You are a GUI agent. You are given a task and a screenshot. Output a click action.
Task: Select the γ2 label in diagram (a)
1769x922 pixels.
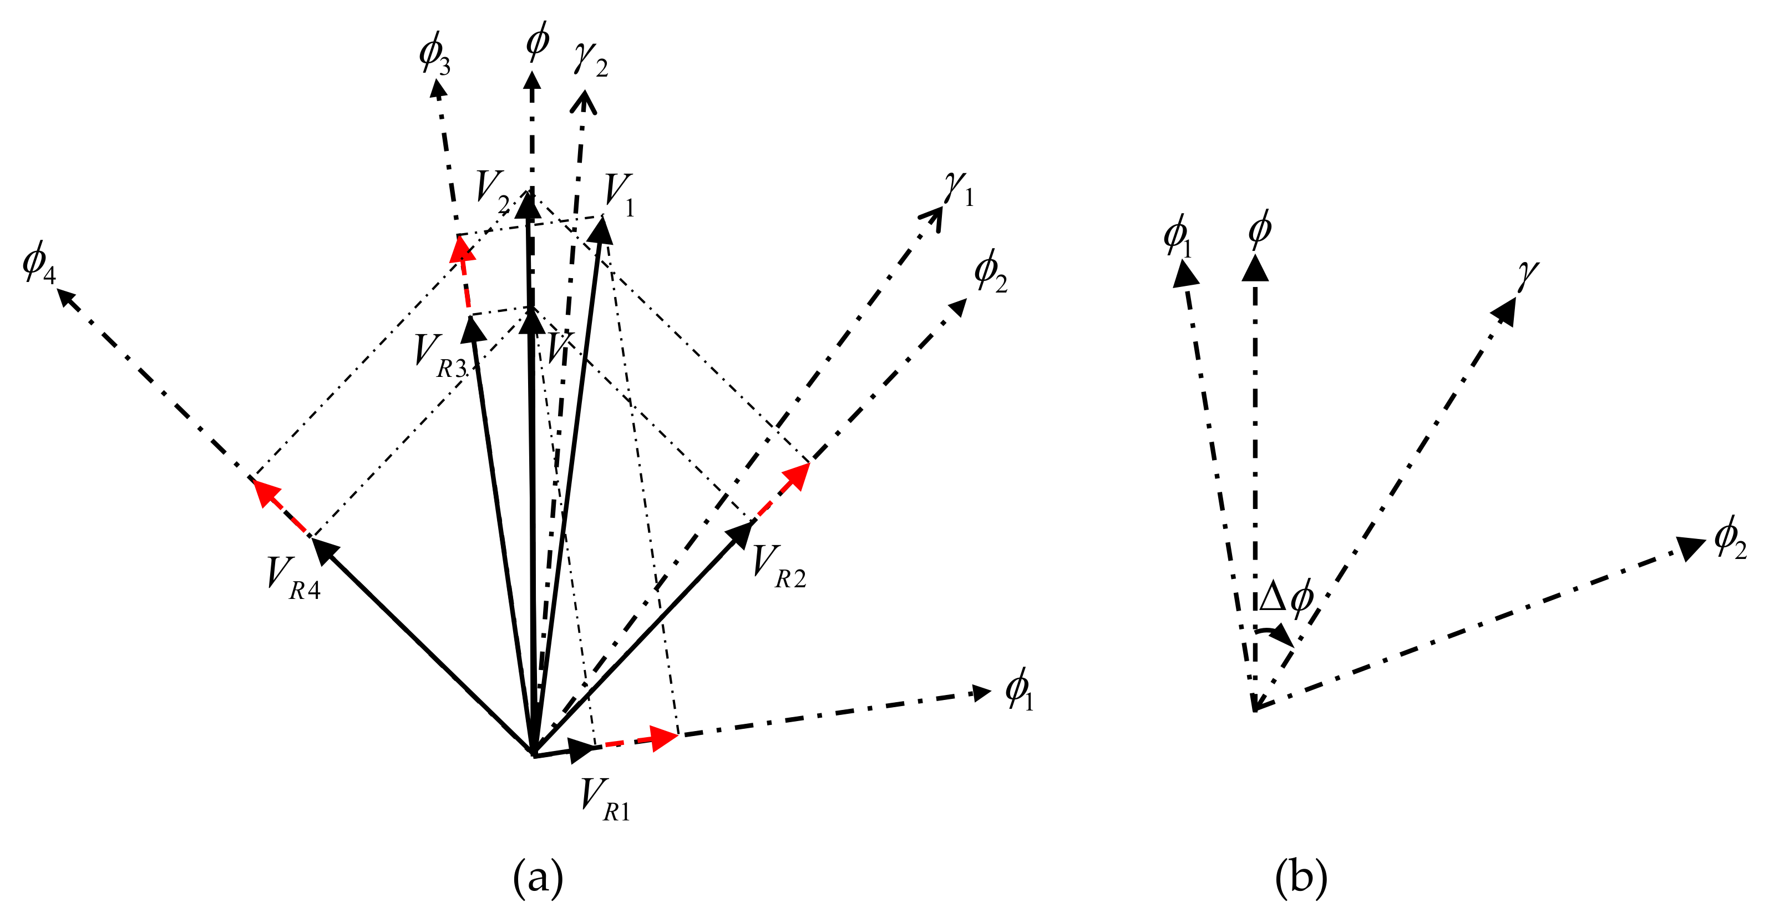(x=591, y=61)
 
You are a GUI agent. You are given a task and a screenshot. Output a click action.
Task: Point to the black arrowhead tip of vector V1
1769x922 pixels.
(x=601, y=228)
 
